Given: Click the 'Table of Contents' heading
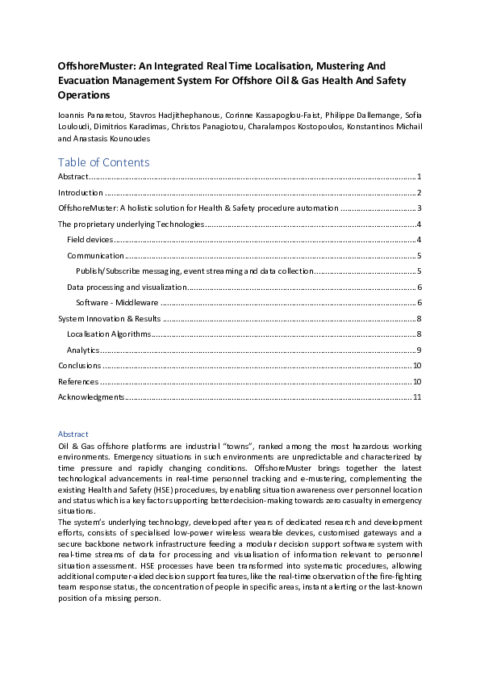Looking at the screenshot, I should tap(103, 162).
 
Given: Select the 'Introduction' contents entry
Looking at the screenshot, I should tap(81, 193).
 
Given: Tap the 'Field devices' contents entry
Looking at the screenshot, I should tap(89, 240).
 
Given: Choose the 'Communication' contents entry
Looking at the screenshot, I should tap(95, 255).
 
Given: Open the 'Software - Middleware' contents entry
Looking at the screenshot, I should tap(118, 302).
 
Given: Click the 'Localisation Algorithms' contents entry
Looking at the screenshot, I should tap(108, 334).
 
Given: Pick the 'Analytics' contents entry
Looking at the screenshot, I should tap(83, 350).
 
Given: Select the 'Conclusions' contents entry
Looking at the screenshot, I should tap(80, 366).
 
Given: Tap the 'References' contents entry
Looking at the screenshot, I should tap(78, 381).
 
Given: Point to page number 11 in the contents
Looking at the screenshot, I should tap(417, 397).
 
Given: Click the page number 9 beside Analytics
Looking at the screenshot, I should tap(419, 350).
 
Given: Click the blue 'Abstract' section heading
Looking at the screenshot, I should tap(73, 434).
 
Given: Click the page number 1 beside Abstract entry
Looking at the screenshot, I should tap(419, 177).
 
